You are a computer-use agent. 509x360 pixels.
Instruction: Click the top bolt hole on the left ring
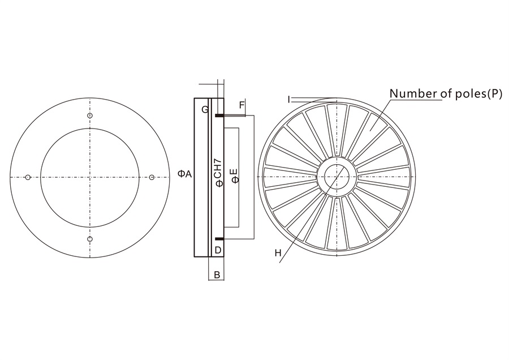pyautogui.click(x=90, y=116)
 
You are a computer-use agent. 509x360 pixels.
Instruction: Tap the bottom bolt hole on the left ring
pyautogui.click(x=90, y=239)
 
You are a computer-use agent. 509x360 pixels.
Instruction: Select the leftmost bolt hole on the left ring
pyautogui.click(x=28, y=178)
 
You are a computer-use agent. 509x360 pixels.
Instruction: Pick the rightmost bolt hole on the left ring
pyautogui.click(x=152, y=178)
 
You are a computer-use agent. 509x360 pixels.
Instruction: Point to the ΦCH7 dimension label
pyautogui.click(x=217, y=175)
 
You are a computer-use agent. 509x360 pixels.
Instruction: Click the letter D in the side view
pyautogui.click(x=218, y=250)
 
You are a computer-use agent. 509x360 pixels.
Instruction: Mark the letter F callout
pyautogui.click(x=241, y=105)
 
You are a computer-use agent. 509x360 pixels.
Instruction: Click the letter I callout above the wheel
pyautogui.click(x=288, y=99)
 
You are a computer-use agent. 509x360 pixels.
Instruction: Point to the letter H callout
pyautogui.click(x=278, y=253)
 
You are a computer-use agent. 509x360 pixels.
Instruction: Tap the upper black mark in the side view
pyautogui.click(x=218, y=117)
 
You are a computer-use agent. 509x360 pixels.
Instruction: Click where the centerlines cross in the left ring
pyautogui.click(x=90, y=178)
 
